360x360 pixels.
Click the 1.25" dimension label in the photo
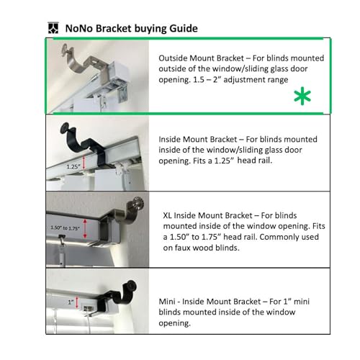73,166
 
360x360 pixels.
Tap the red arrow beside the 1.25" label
86,166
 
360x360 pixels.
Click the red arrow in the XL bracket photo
87,229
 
